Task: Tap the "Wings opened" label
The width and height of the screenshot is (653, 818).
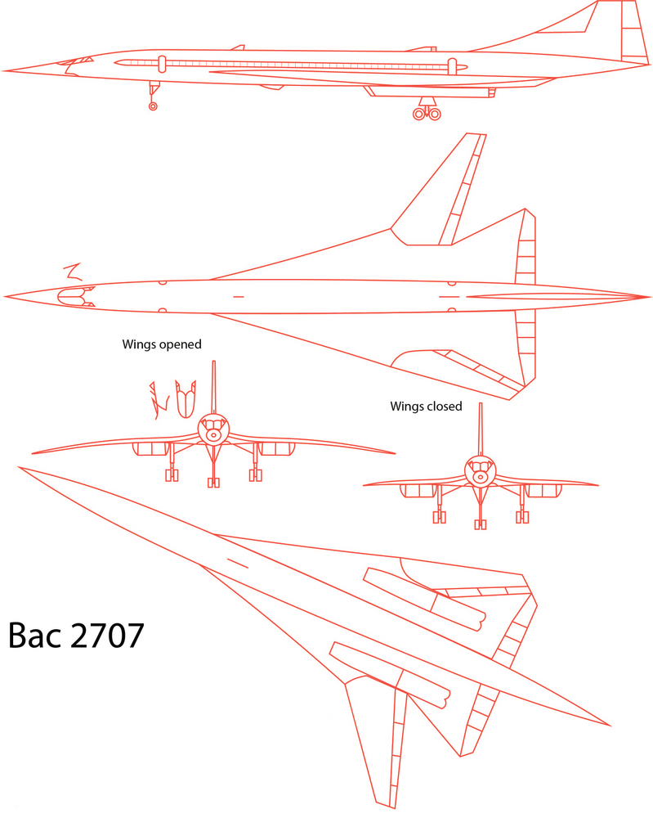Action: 161,344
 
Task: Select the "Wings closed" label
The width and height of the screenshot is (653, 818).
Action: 426,406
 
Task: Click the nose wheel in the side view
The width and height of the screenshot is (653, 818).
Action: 153,106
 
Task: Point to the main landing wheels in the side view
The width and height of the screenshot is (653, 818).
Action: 427,113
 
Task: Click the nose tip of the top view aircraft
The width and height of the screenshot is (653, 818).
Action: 6,296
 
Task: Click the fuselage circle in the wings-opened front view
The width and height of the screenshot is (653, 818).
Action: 214,429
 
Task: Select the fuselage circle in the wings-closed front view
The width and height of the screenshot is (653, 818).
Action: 481,472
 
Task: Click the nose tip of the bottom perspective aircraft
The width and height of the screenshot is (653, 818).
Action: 20,468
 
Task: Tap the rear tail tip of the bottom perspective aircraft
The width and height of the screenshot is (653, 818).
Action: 609,725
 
